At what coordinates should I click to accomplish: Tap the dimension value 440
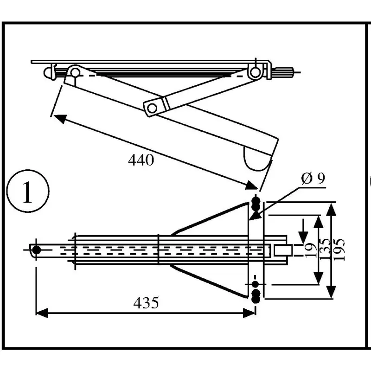pyautogui.click(x=141, y=160)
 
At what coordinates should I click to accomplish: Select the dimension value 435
pyautogui.click(x=146, y=303)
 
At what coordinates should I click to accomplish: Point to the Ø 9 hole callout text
pyautogui.click(x=312, y=179)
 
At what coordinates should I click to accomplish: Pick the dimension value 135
pyautogui.click(x=326, y=249)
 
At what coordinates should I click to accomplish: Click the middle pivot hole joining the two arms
pyautogui.click(x=151, y=108)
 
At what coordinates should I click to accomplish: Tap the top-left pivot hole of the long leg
pyautogui.click(x=74, y=72)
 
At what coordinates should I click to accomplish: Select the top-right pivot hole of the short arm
pyautogui.click(x=254, y=72)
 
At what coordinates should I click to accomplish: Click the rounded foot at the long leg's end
pyautogui.click(x=256, y=158)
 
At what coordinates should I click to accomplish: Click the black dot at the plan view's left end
pyautogui.click(x=37, y=250)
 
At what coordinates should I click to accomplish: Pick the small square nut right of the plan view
pyautogui.click(x=282, y=250)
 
